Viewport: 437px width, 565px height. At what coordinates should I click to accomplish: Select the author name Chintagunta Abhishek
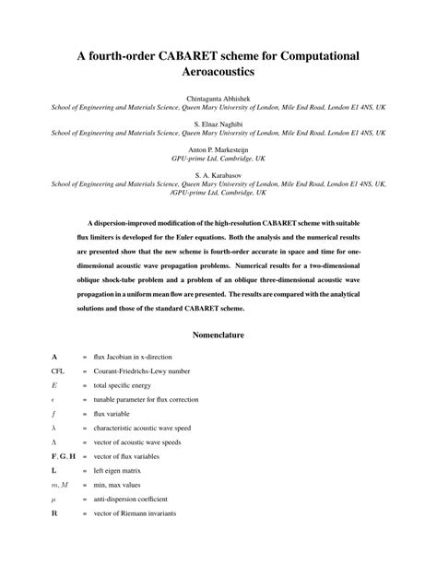pos(218,97)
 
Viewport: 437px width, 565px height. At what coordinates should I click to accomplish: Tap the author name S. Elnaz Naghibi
pos(218,122)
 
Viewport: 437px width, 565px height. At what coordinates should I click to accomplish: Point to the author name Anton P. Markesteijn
pos(218,147)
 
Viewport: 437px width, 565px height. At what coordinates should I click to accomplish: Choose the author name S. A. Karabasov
pos(218,173)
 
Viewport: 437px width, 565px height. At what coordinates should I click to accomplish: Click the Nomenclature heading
pos(218,335)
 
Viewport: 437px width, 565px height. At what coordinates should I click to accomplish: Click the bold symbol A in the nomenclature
pos(54,356)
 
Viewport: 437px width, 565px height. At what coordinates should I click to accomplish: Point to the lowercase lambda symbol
pos(54,428)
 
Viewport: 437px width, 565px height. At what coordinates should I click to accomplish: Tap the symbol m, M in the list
pos(59,485)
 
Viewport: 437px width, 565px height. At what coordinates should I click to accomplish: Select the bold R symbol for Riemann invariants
pos(54,513)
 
